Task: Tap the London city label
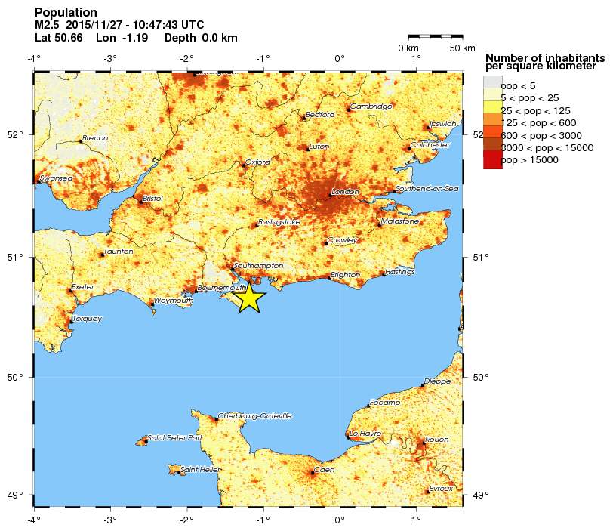(x=345, y=192)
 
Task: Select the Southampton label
(x=258, y=266)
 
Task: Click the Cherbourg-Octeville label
(x=254, y=416)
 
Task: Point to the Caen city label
(x=324, y=470)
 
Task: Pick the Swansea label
(x=55, y=178)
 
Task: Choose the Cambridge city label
(x=371, y=107)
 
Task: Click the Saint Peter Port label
(x=174, y=438)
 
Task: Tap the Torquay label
(x=87, y=319)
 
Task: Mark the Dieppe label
(x=437, y=381)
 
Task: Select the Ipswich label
(x=442, y=124)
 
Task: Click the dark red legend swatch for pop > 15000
(x=492, y=160)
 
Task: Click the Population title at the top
(x=66, y=13)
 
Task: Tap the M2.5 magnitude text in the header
(x=48, y=25)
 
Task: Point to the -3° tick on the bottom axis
(x=110, y=520)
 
